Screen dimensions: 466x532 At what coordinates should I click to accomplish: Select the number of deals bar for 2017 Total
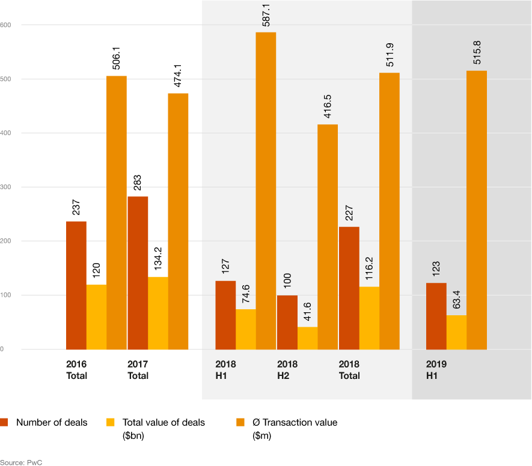coord(138,273)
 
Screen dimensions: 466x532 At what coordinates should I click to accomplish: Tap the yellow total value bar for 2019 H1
coord(456,332)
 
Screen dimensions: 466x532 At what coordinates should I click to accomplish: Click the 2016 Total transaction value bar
coord(117,213)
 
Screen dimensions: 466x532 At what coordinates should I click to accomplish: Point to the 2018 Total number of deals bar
coord(349,288)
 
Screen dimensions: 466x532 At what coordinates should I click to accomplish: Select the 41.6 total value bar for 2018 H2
coord(307,337)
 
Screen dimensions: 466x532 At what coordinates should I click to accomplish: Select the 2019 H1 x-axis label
coord(436,370)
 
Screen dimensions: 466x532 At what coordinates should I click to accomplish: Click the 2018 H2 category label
coord(287,370)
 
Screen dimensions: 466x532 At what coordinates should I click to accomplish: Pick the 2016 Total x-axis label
coord(76,370)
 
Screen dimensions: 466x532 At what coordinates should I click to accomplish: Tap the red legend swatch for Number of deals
coord(4,422)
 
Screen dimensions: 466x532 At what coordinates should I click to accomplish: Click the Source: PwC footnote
coord(21,462)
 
